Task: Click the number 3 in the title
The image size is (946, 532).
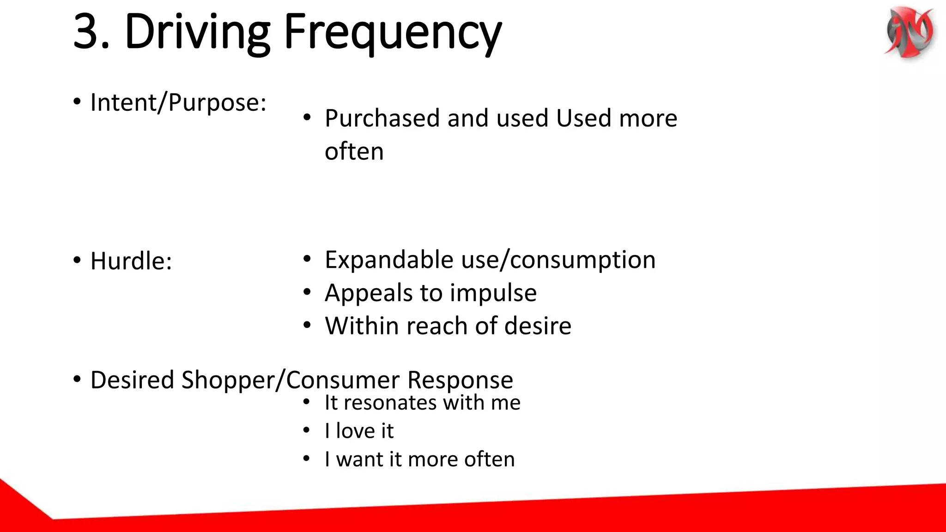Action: (x=91, y=31)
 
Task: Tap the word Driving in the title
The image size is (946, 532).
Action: (x=197, y=32)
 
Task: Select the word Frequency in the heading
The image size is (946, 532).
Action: (x=392, y=32)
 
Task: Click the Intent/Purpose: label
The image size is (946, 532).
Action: (x=178, y=102)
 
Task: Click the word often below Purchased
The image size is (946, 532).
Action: (x=354, y=151)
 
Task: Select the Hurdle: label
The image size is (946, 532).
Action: (x=131, y=261)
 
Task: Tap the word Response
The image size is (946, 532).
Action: (x=460, y=380)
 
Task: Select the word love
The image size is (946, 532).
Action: (x=355, y=431)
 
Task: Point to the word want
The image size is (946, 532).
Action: (x=359, y=459)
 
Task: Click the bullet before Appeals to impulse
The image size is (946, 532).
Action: (x=307, y=292)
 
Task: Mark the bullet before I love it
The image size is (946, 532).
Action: (x=306, y=431)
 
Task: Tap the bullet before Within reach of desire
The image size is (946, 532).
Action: (x=307, y=326)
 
